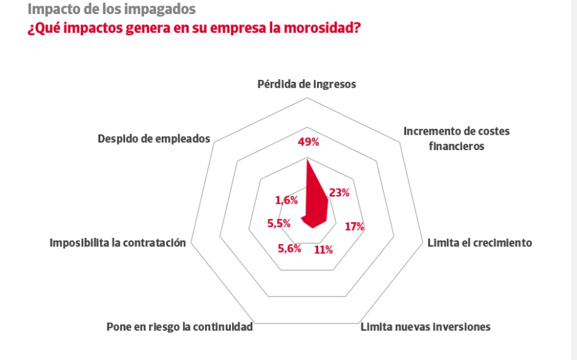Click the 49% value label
point(308,142)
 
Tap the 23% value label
point(339,193)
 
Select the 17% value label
point(354,226)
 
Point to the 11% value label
point(323,249)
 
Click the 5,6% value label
point(289,248)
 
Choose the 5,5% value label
point(278,223)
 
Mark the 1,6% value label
point(286,200)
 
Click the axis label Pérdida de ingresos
point(307,84)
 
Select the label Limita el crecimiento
point(480,243)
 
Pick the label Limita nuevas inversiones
point(426,327)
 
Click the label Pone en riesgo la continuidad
point(180,327)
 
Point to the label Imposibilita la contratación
point(117,243)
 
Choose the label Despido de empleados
point(154,139)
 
